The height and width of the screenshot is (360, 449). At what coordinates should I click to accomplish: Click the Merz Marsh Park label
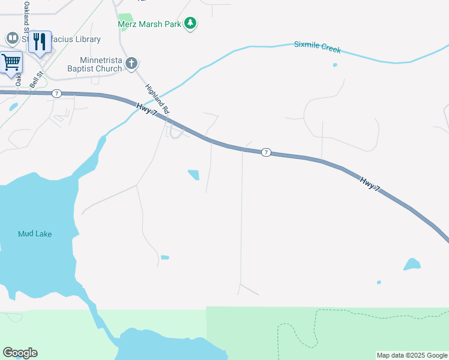pyautogui.click(x=150, y=25)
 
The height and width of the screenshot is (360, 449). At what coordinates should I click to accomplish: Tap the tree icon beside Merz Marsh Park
pyautogui.click(x=191, y=23)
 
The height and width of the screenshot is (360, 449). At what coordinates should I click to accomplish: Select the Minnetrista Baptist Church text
pyautogui.click(x=100, y=64)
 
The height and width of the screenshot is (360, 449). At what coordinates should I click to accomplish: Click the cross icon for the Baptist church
pyautogui.click(x=132, y=63)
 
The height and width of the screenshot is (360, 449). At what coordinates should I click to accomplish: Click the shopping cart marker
pyautogui.click(x=10, y=61)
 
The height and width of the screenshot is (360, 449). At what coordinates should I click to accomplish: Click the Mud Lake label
pyautogui.click(x=35, y=233)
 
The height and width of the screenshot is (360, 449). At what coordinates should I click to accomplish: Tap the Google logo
pyautogui.click(x=20, y=353)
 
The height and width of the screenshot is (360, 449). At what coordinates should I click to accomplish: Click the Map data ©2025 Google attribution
pyautogui.click(x=412, y=355)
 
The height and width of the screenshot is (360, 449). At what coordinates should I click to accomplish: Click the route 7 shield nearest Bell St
pyautogui.click(x=56, y=93)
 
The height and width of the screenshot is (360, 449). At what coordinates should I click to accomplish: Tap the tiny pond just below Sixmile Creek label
pyautogui.click(x=335, y=65)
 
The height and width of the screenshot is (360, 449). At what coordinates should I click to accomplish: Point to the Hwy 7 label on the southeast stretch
pyautogui.click(x=370, y=184)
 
